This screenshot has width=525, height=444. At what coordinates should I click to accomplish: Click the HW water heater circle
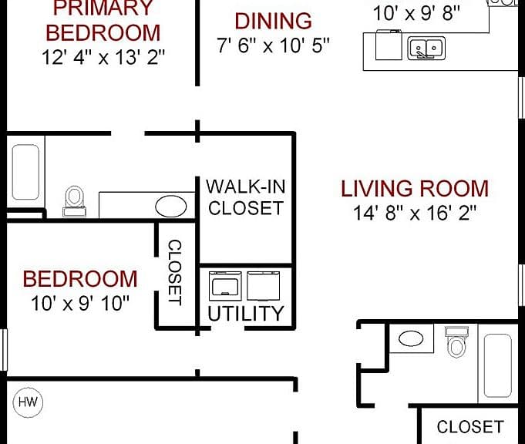pyautogui.click(x=28, y=402)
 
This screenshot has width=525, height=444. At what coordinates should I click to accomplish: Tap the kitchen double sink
pyautogui.click(x=426, y=49)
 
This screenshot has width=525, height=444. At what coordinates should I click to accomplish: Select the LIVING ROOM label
pyautogui.click(x=415, y=189)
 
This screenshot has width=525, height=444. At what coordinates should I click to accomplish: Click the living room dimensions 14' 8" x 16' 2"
pyautogui.click(x=415, y=213)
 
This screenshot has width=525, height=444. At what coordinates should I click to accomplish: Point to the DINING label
pyautogui.click(x=273, y=21)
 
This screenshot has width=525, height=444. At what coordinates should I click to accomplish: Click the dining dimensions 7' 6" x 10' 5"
pyautogui.click(x=273, y=45)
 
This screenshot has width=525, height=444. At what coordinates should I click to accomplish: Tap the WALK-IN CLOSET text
pyautogui.click(x=246, y=197)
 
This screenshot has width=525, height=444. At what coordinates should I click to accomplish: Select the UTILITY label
pyautogui.click(x=246, y=314)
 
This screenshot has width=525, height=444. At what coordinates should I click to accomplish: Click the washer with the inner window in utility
pyautogui.click(x=225, y=286)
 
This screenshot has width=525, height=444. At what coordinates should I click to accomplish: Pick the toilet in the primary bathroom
pyautogui.click(x=74, y=202)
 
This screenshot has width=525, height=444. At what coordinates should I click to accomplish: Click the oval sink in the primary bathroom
pyautogui.click(x=170, y=207)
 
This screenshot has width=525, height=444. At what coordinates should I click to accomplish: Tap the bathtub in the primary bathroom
pyautogui.click(x=25, y=172)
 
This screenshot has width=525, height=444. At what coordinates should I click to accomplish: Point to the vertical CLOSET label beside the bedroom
pyautogui.click(x=175, y=272)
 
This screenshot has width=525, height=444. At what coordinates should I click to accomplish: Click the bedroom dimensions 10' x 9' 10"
pyautogui.click(x=80, y=304)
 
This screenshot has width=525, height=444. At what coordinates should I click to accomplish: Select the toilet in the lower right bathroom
pyautogui.click(x=456, y=342)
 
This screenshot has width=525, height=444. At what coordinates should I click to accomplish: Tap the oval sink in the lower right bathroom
pyautogui.click(x=411, y=338)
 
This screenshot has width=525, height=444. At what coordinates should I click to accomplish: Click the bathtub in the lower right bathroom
pyautogui.click(x=498, y=365)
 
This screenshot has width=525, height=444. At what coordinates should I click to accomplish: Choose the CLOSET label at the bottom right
pyautogui.click(x=470, y=427)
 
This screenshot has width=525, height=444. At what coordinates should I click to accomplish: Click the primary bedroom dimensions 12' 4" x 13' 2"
pyautogui.click(x=103, y=57)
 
